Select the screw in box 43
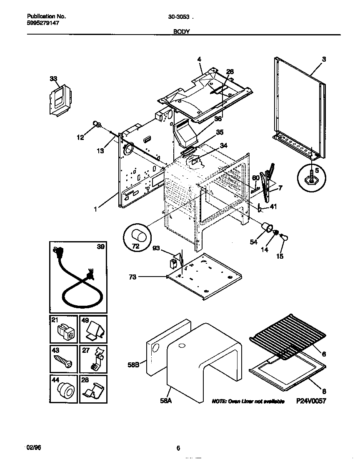click(63, 359)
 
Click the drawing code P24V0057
click(311, 401)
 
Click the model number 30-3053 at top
click(179, 17)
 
